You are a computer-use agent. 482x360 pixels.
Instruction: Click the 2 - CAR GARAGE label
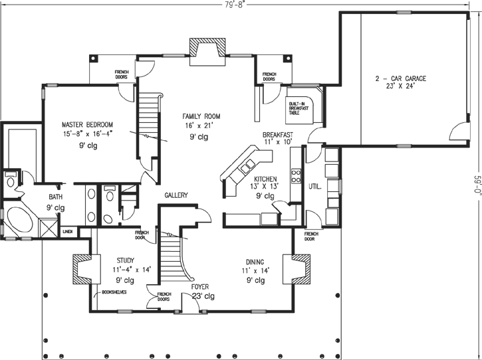coord(400,78)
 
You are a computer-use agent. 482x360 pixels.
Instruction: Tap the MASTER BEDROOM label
coord(87,124)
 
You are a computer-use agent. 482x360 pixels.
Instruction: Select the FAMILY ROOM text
coord(201,116)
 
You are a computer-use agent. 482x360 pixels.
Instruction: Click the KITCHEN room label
coord(265,179)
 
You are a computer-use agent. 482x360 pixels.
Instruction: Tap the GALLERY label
coord(176,195)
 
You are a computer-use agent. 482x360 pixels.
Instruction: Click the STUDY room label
coord(126,260)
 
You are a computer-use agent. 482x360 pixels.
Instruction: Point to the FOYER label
coord(201,287)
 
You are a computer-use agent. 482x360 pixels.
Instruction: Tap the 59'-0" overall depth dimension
coord(476,180)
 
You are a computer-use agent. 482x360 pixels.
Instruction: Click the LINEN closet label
coord(68,232)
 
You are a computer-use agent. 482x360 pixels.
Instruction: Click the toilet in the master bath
coord(11,181)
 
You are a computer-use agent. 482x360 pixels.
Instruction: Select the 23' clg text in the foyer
coord(201,296)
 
